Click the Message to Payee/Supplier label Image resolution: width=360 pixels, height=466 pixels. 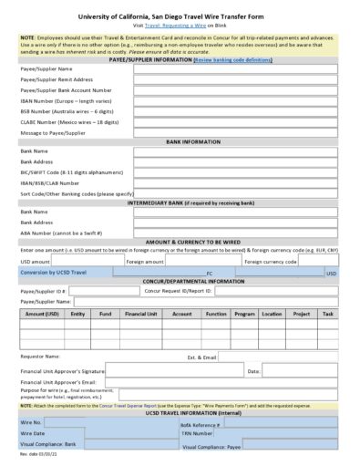55,132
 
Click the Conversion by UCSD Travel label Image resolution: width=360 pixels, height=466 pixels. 54,273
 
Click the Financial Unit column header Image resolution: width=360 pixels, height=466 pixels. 140,314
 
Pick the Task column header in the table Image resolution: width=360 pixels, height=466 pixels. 327,314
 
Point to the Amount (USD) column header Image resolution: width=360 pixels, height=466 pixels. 42,314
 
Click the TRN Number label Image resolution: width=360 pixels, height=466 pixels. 196,434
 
